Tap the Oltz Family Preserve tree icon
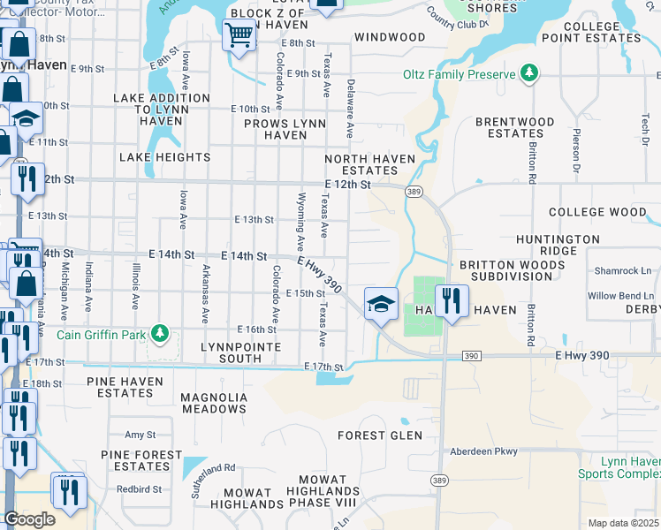coord(529,73)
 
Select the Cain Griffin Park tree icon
coord(159,334)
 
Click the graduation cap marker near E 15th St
coord(381,305)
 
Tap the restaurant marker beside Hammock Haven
coord(452,301)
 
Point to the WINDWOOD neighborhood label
coord(390,37)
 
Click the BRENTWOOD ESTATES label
coord(515,128)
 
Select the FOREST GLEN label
coord(379,435)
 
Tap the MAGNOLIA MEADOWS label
coord(214,403)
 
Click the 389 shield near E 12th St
coord(413,191)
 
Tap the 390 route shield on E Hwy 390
coord(471,355)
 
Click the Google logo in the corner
coord(29,519)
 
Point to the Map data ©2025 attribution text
coord(624,523)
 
